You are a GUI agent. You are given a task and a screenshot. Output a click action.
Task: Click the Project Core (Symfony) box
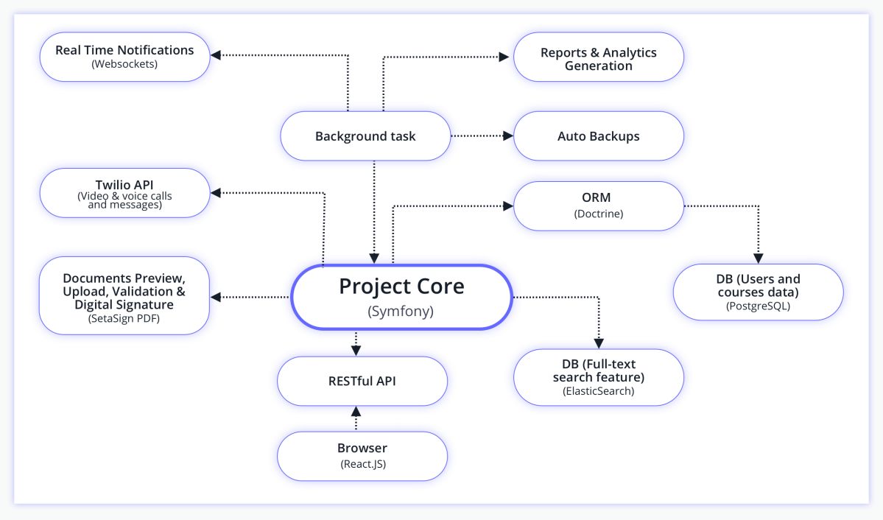pos(401,296)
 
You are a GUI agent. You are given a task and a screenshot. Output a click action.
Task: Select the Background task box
pos(365,136)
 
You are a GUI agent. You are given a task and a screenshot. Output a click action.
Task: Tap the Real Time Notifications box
pos(124,57)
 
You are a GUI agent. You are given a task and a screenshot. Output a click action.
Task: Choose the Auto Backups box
pos(598,136)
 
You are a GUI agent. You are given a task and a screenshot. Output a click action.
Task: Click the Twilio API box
pos(124,193)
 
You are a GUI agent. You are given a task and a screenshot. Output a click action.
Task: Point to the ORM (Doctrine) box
pos(598,205)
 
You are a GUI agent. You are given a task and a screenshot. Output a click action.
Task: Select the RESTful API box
pos(362,381)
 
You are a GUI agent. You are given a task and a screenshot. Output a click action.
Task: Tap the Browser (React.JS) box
pos(362,456)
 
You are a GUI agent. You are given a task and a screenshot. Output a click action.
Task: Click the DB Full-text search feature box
pos(598,376)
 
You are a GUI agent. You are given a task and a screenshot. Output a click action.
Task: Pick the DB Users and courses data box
pos(757,292)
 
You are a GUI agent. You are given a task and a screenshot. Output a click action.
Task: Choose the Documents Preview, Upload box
pos(124,295)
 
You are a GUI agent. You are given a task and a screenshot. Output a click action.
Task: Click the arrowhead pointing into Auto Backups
pos(507,136)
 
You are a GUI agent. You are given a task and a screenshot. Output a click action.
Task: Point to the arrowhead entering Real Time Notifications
pos(216,55)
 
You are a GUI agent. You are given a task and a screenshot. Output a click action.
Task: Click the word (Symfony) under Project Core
pos(401,312)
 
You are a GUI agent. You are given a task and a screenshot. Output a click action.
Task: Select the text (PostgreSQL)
pos(757,306)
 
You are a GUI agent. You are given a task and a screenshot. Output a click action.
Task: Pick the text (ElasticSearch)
pos(598,391)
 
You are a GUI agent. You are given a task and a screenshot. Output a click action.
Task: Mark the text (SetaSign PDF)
pos(124,318)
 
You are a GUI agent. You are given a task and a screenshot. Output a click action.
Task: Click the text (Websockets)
pos(124,64)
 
